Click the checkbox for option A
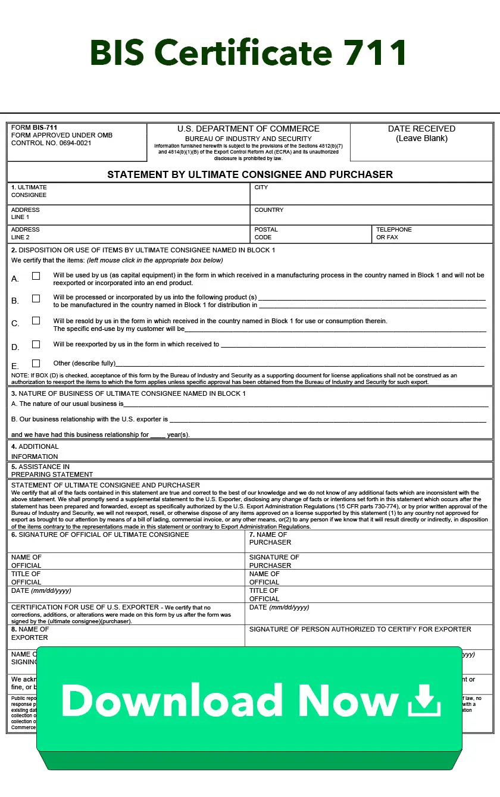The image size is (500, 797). tap(36, 276)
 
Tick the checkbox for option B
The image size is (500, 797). tap(36, 298)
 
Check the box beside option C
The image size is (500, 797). tap(36, 320)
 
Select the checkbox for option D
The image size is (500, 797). tap(36, 344)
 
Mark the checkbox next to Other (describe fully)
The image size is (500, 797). tap(36, 363)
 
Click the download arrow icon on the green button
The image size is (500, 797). tap(424, 700)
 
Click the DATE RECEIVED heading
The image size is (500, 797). tap(421, 129)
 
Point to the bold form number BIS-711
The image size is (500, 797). tap(45, 127)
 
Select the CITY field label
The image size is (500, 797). tap(261, 187)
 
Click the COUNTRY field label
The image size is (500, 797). tap(269, 210)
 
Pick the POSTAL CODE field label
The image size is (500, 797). tap(266, 233)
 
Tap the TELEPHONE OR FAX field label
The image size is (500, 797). tap(393, 233)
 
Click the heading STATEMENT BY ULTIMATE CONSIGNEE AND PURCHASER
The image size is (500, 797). tap(250, 174)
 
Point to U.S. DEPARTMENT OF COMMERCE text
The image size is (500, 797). tap(248, 129)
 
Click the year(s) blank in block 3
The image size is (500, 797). tap(158, 435)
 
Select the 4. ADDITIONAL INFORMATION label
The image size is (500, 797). tap(35, 451)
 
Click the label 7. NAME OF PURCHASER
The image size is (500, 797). tap(270, 538)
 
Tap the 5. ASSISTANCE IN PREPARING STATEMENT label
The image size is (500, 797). tap(52, 470)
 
